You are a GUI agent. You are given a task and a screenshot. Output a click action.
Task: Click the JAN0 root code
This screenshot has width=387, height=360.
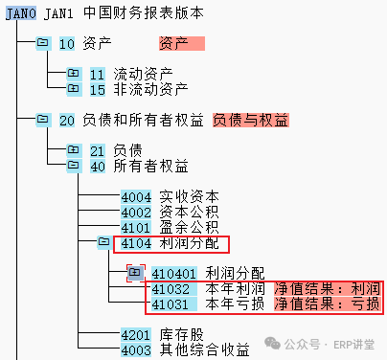(x=21, y=13)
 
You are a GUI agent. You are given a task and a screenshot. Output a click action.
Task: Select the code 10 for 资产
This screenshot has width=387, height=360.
(x=67, y=44)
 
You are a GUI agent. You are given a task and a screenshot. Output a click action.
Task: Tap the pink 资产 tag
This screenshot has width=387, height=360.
(x=182, y=43)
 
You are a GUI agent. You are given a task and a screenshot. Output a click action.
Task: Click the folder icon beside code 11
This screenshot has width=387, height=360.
(x=74, y=74)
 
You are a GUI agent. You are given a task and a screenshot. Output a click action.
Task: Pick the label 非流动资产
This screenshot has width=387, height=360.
(x=150, y=89)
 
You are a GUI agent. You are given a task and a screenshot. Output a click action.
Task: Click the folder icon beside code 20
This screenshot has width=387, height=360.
(x=43, y=120)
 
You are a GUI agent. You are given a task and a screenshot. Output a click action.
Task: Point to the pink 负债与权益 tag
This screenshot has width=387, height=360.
(x=251, y=120)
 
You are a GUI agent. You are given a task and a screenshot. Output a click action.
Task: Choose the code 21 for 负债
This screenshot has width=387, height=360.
(x=98, y=150)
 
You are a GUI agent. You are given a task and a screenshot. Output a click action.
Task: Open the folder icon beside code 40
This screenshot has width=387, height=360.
(x=74, y=166)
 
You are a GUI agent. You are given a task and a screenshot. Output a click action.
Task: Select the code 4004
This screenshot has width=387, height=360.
(x=136, y=196)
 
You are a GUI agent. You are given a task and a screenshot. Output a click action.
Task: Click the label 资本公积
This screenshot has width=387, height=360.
(x=189, y=212)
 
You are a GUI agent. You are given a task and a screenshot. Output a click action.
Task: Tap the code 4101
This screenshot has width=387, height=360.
(x=136, y=227)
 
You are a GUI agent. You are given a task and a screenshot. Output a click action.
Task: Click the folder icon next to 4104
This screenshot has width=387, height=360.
(x=104, y=242)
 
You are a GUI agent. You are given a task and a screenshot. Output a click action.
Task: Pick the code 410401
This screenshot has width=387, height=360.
(x=174, y=274)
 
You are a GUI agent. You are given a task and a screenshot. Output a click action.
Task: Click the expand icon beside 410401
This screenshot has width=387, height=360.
(x=135, y=273)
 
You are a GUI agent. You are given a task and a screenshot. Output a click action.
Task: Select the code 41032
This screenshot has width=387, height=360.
(x=174, y=289)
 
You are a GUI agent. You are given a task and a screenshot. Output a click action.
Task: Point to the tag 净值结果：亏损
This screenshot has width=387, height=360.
(x=328, y=304)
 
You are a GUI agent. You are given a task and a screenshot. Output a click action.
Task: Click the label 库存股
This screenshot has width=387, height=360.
(x=181, y=335)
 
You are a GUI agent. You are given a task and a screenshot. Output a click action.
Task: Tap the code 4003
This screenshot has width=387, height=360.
(x=136, y=350)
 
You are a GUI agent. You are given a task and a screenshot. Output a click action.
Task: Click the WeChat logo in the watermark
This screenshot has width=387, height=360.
(x=272, y=344)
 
